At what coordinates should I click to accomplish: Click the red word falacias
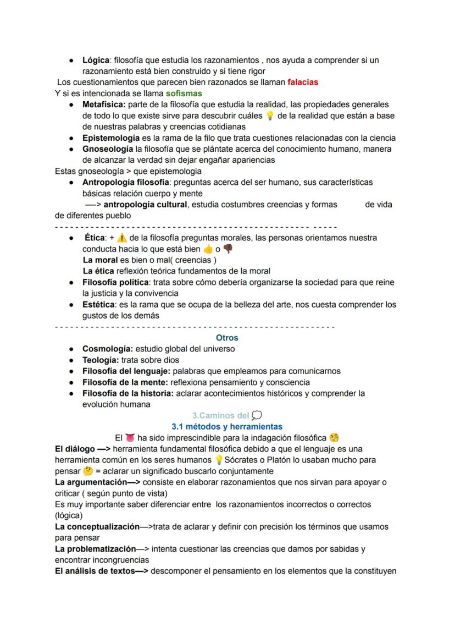click(x=302, y=82)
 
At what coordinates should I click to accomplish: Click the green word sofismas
click(x=184, y=93)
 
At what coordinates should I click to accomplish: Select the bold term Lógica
click(x=96, y=60)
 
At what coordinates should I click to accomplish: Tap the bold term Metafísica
click(x=104, y=105)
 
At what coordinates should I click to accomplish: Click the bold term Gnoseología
click(x=107, y=149)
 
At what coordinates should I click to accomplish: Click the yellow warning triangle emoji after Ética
click(x=122, y=238)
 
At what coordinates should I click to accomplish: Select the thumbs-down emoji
click(x=228, y=249)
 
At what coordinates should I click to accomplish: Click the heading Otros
click(x=227, y=338)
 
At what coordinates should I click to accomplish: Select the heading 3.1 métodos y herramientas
click(x=227, y=426)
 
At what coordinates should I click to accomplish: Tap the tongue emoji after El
click(x=130, y=438)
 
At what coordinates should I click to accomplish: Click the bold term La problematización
click(x=96, y=549)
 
